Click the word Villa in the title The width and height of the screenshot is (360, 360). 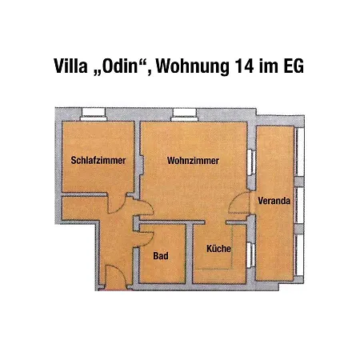(x=70, y=66)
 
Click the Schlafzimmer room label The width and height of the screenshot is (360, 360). (x=98, y=161)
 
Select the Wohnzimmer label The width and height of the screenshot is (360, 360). (x=193, y=161)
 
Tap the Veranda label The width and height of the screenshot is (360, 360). (x=274, y=202)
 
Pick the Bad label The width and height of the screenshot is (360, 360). (x=161, y=256)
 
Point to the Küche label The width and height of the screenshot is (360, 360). (x=218, y=249)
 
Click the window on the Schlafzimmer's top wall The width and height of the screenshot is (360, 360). (x=94, y=110)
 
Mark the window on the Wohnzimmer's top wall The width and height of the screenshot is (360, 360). (x=183, y=110)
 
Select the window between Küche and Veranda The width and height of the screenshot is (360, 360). (x=252, y=255)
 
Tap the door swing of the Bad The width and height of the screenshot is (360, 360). (x=146, y=238)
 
